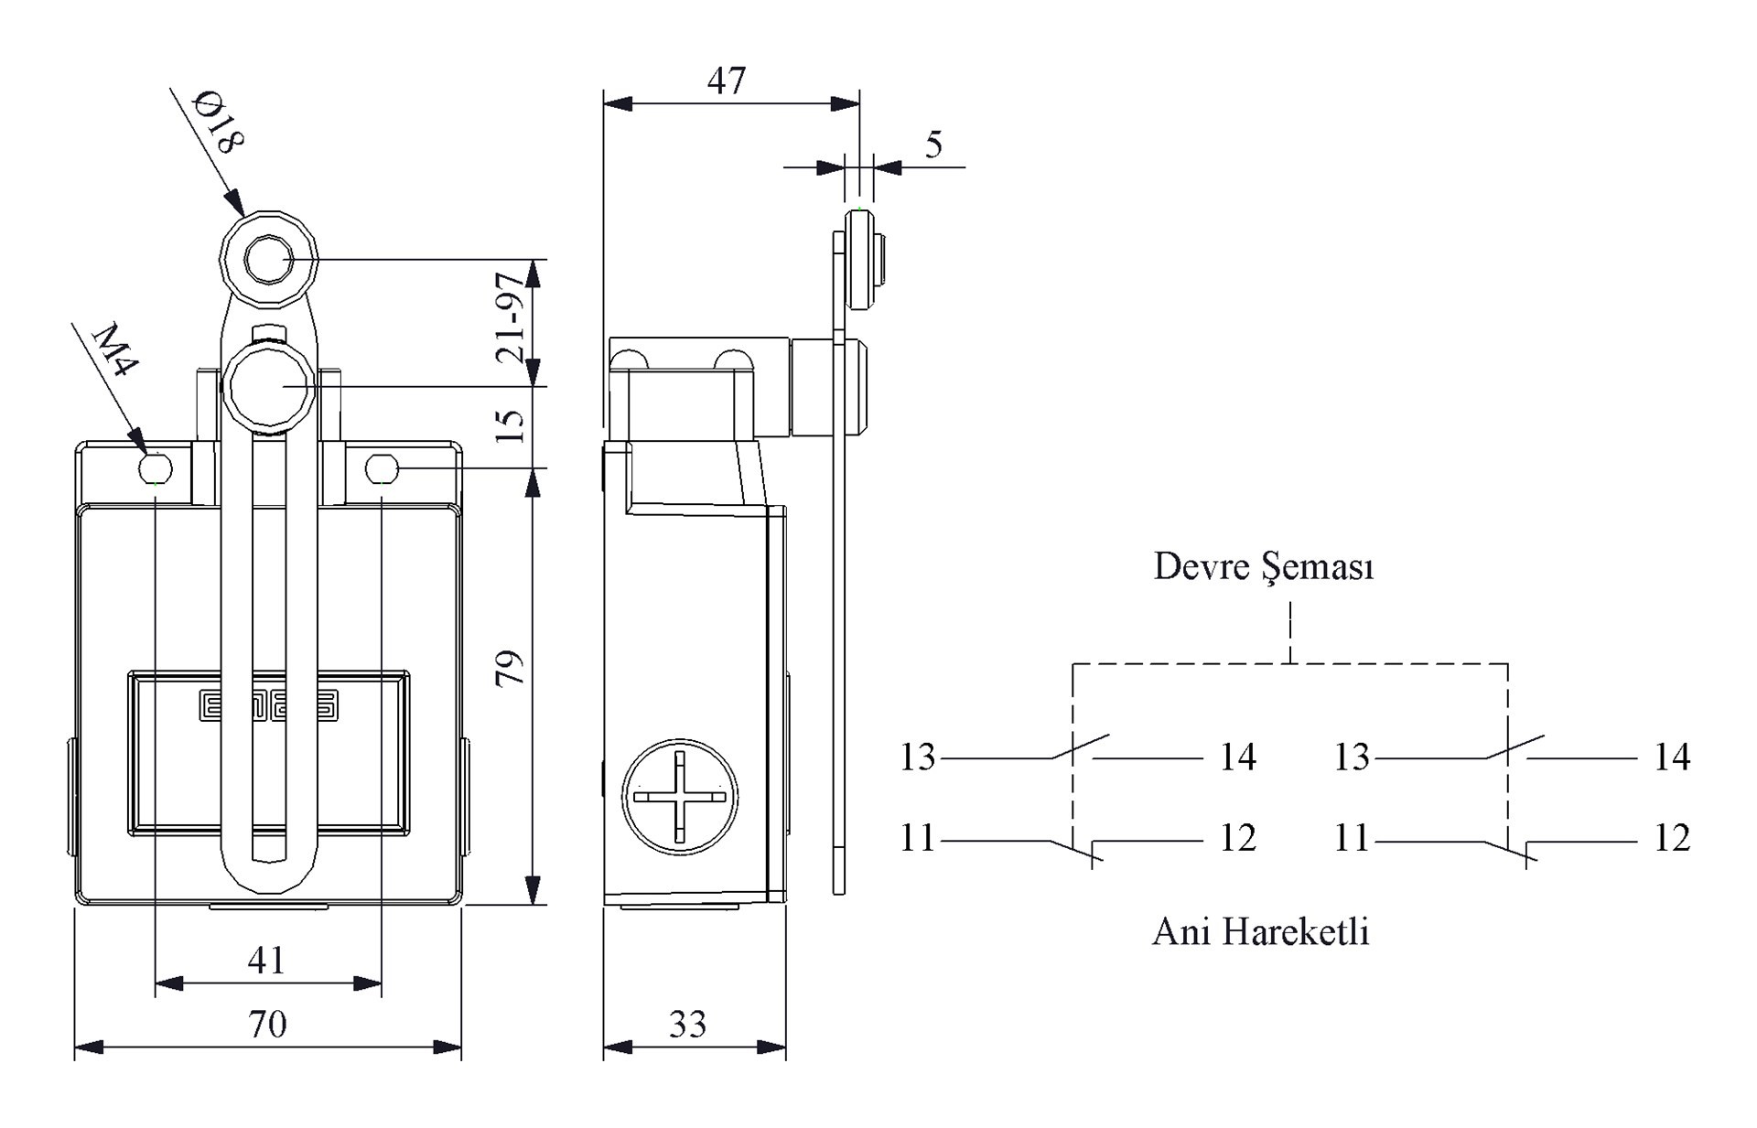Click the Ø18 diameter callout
click(x=220, y=121)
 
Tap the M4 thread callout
click(x=117, y=349)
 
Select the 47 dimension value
click(x=727, y=81)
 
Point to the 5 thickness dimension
click(x=933, y=145)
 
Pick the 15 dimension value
click(x=511, y=424)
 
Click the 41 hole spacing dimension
click(x=266, y=960)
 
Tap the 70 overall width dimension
click(x=267, y=1024)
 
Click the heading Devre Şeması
click(x=1264, y=567)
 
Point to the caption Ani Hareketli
click(x=1261, y=931)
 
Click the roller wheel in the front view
click(x=268, y=260)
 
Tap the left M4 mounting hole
click(x=156, y=469)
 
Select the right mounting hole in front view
click(x=382, y=469)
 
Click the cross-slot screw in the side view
click(x=680, y=796)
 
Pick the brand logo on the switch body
click(x=268, y=705)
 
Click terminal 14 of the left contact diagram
click(x=1238, y=757)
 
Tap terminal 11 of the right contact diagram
click(x=1352, y=838)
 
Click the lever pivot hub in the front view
click(x=269, y=388)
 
